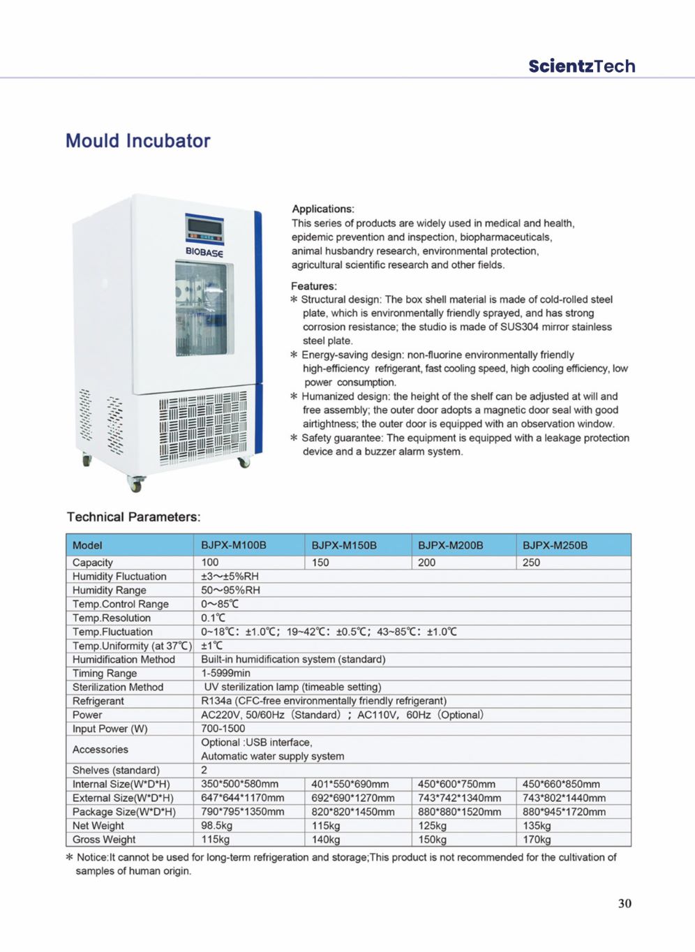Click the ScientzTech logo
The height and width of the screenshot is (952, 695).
[581, 66]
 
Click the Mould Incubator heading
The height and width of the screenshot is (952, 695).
[137, 141]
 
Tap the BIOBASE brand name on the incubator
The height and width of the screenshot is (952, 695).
[204, 252]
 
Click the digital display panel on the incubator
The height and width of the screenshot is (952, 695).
[204, 229]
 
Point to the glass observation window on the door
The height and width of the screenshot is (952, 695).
[203, 308]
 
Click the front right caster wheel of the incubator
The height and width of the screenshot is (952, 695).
[244, 461]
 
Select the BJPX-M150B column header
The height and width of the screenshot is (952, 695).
[344, 545]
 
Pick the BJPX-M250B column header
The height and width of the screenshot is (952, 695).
[555, 545]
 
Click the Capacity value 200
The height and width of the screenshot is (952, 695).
[426, 563]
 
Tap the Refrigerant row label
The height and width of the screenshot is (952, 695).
[98, 701]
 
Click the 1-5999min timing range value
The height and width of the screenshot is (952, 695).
[225, 673]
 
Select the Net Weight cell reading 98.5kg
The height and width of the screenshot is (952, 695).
[217, 826]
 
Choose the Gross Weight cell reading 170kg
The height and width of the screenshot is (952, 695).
[537, 840]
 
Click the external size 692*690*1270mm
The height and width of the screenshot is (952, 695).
[353, 798]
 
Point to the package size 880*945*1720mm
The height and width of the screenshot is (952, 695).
[564, 812]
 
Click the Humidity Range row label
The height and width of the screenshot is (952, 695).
[110, 590]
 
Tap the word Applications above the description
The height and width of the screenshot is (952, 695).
[322, 209]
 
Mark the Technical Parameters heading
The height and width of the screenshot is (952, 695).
[133, 517]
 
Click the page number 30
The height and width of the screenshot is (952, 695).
[625, 903]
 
